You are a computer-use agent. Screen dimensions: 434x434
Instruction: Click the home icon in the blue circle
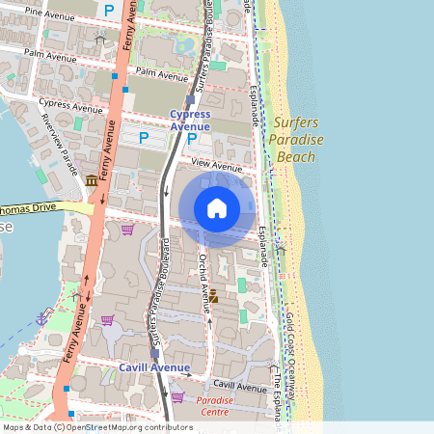217,208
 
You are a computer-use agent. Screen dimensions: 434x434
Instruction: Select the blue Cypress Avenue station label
190,121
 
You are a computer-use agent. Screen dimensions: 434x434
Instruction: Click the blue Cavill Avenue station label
154,367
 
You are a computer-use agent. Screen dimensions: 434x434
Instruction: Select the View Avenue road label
216,166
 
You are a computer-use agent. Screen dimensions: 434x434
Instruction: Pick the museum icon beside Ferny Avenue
91,180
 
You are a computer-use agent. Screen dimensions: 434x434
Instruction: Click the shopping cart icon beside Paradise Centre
177,396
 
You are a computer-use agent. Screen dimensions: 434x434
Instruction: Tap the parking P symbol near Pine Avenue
109,11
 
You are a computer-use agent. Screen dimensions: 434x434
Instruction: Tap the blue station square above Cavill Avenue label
154,354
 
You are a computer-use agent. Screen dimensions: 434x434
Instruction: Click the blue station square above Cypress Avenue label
190,98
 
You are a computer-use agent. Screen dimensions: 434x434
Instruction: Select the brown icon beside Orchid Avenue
214,298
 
